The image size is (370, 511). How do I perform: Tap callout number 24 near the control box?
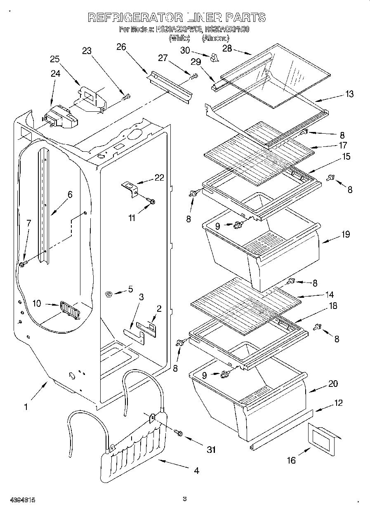tap(55, 74)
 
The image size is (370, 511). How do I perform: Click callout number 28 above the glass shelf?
tap(227, 49)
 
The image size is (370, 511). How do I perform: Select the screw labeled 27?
tap(193, 77)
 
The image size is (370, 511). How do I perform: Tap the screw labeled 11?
tap(151, 201)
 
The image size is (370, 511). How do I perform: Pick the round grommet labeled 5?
tap(109, 294)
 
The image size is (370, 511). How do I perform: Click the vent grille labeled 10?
tap(68, 309)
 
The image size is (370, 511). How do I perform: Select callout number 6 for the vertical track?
tap(70, 195)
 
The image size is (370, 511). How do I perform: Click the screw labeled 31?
tap(179, 433)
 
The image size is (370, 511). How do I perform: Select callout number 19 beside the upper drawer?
tap(346, 234)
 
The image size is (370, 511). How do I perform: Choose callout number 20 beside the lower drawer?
tap(332, 384)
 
